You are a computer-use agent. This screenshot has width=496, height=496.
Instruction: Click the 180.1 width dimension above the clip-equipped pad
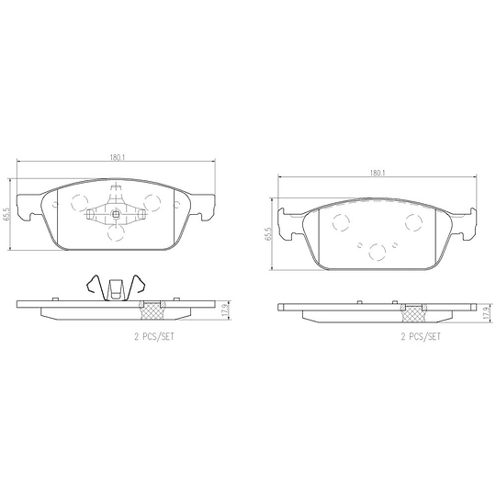(x=117, y=158)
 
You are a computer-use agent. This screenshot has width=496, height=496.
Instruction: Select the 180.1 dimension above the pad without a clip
(x=377, y=172)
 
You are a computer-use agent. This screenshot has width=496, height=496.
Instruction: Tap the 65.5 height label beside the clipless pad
(x=267, y=233)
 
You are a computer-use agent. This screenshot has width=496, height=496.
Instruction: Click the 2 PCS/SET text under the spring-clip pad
(x=152, y=336)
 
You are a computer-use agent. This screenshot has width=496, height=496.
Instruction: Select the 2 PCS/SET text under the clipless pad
(x=420, y=336)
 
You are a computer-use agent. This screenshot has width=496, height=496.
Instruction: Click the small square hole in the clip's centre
(x=117, y=217)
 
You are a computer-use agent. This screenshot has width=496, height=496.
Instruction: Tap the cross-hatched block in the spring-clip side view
(x=152, y=308)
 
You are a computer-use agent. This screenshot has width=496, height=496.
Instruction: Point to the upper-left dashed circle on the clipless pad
(x=341, y=220)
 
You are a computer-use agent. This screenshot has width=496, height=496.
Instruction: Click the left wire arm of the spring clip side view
(x=94, y=287)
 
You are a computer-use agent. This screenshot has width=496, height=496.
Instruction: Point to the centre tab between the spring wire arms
(x=116, y=288)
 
